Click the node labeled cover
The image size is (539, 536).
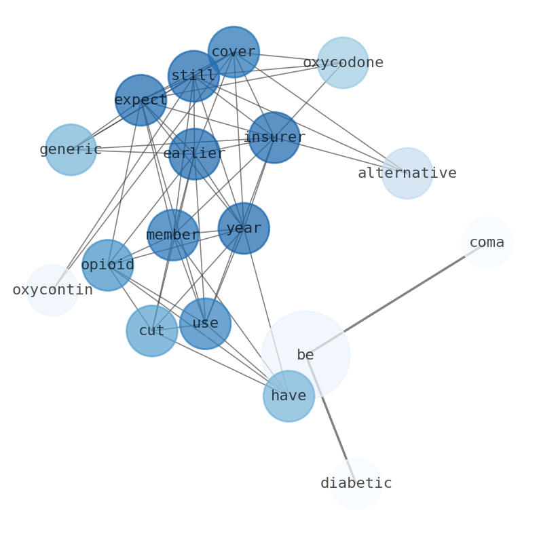234,52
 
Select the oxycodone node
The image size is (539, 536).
343,63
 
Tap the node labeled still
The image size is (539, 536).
193,76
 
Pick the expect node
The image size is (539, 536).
141,100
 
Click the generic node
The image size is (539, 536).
71,150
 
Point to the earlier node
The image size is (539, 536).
194,154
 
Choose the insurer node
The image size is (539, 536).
274,138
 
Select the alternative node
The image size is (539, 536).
407,174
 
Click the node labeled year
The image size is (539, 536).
244,229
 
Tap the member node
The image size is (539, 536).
173,235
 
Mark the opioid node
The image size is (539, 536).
107,265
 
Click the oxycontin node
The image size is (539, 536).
52,290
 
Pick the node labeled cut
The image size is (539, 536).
152,331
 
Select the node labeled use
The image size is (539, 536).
205,324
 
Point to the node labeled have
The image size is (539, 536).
289,396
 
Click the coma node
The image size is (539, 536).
487,243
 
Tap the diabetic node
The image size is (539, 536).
356,484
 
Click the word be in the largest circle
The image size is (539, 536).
305,356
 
